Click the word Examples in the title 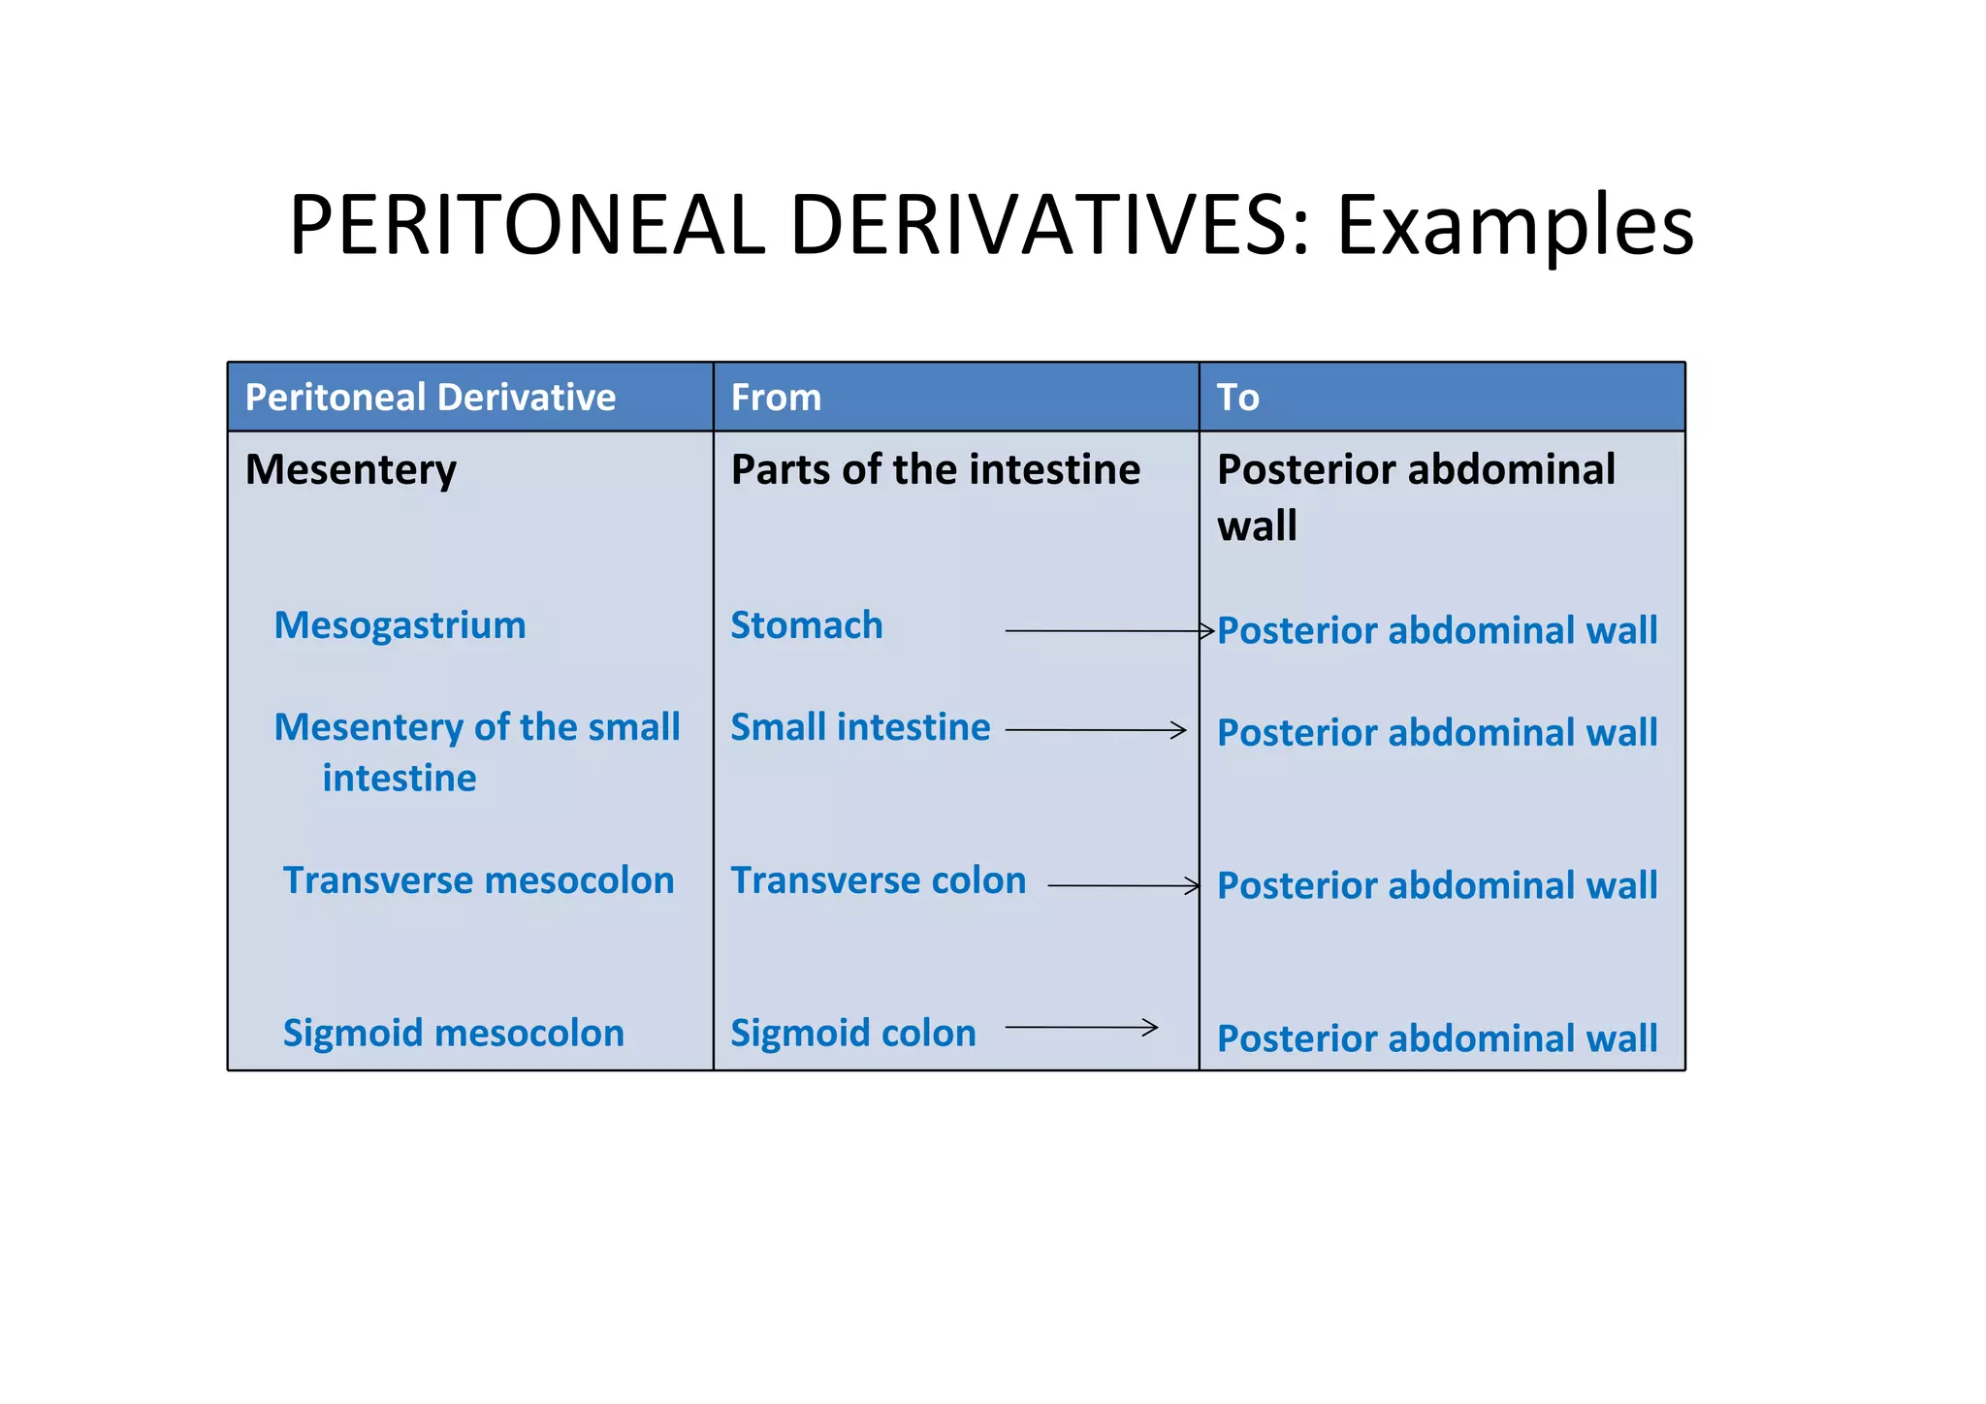click(x=1515, y=226)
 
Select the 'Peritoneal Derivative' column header click(x=431, y=398)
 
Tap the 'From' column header click(x=776, y=398)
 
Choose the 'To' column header click(x=1237, y=398)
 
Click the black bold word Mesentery click(x=350, y=470)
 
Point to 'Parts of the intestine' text click(x=935, y=469)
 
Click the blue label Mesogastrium click(x=400, y=625)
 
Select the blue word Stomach click(x=806, y=625)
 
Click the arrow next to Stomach click(x=1108, y=631)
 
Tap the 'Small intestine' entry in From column click(x=860, y=727)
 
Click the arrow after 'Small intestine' click(x=1095, y=730)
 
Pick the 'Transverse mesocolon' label click(x=478, y=880)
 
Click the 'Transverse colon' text click(x=878, y=880)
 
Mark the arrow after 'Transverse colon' click(x=1123, y=885)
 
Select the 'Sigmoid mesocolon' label click(x=453, y=1033)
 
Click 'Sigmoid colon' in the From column click(x=852, y=1033)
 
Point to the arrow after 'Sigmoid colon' click(x=1081, y=1027)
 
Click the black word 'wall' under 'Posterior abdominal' click(x=1257, y=526)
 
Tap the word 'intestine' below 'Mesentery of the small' click(x=400, y=778)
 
